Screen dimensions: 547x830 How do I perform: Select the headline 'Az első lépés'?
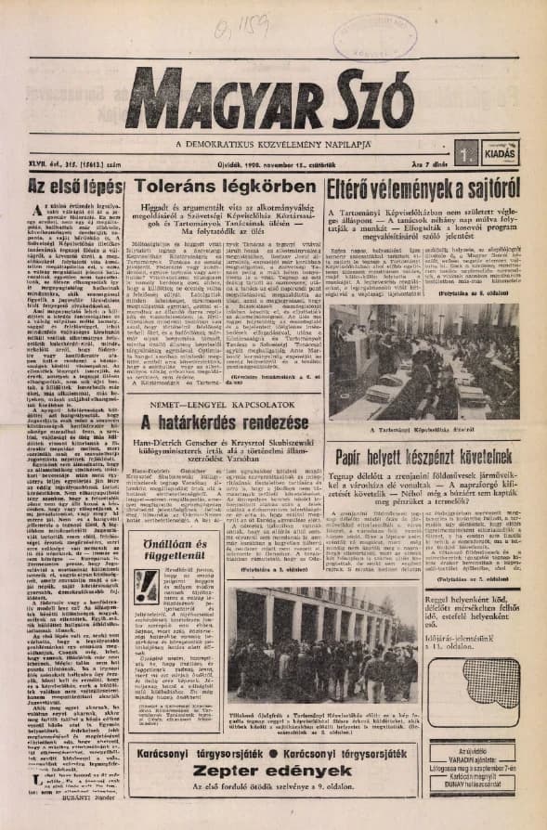pos(64,185)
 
